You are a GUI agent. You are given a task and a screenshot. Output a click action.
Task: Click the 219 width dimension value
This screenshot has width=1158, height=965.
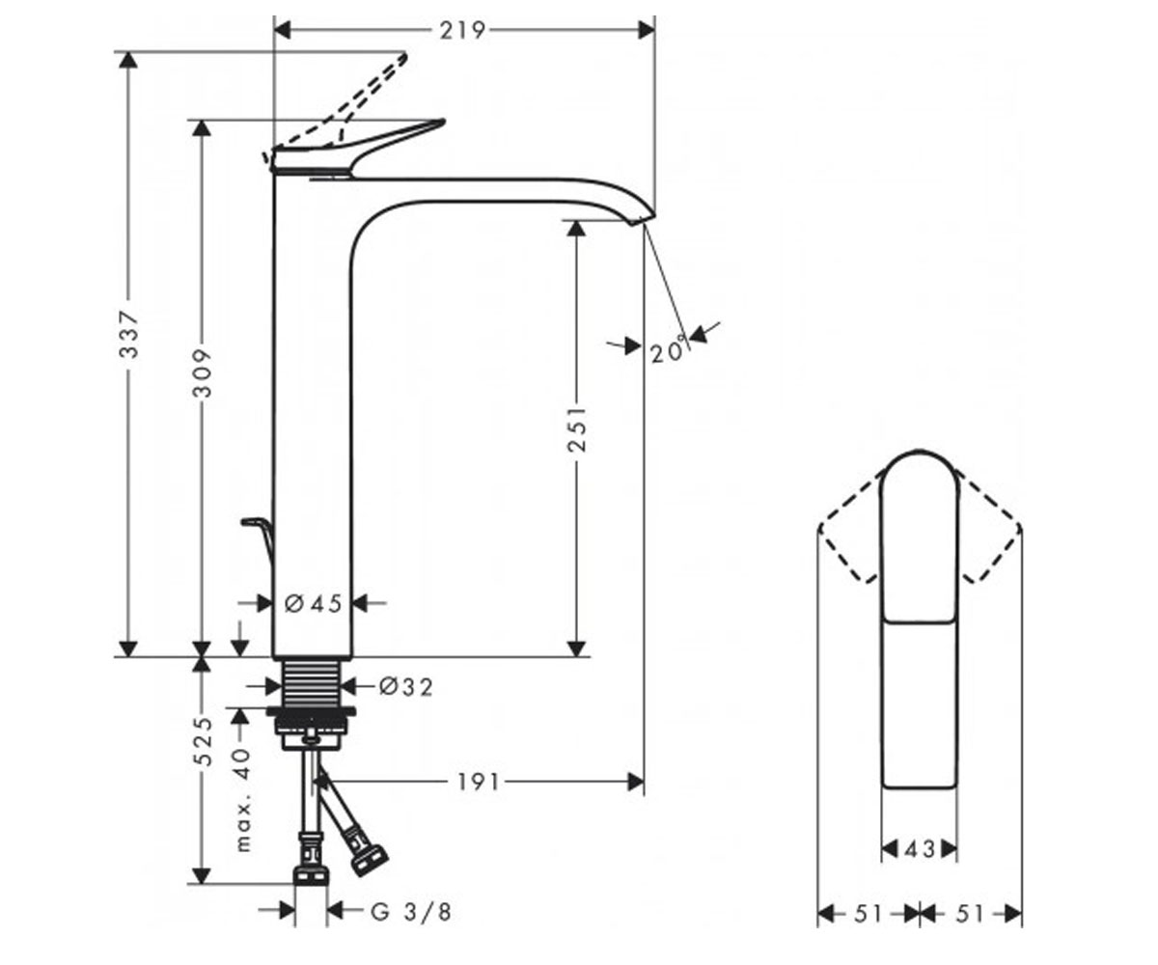pyautogui.click(x=462, y=31)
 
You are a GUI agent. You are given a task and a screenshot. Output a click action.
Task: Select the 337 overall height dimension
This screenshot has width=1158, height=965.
pyautogui.click(x=129, y=335)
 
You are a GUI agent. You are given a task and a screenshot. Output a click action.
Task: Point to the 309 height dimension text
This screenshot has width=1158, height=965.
pyautogui.click(x=203, y=372)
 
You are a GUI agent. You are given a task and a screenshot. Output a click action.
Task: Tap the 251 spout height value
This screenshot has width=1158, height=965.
pyautogui.click(x=577, y=428)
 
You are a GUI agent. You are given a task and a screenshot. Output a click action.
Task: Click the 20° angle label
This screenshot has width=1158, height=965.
pyautogui.click(x=668, y=351)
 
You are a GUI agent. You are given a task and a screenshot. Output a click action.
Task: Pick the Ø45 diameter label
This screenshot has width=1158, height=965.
pyautogui.click(x=314, y=603)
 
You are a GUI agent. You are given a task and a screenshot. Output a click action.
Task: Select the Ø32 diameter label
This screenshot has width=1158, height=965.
pyautogui.click(x=406, y=687)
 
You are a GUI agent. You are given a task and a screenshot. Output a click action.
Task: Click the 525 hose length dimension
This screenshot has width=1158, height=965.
pyautogui.click(x=205, y=741)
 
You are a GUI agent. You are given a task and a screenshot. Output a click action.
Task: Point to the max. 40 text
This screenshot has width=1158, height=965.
pyautogui.click(x=243, y=800)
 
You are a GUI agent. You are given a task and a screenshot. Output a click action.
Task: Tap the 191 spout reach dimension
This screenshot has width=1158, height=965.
pyautogui.click(x=478, y=782)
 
